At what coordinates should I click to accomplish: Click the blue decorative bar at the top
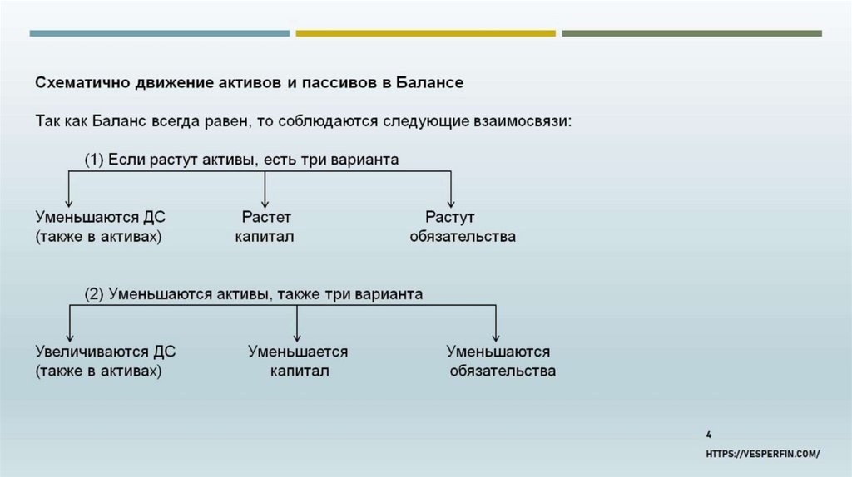point(160,34)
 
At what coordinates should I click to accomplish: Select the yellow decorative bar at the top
point(425,34)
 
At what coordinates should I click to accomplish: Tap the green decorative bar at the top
point(691,34)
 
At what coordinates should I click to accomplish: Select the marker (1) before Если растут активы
point(94,160)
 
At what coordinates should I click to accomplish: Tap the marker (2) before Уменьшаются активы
point(94,294)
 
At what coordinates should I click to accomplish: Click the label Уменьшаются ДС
point(100,218)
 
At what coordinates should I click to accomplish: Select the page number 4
point(708,434)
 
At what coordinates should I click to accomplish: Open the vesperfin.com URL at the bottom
point(763,453)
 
